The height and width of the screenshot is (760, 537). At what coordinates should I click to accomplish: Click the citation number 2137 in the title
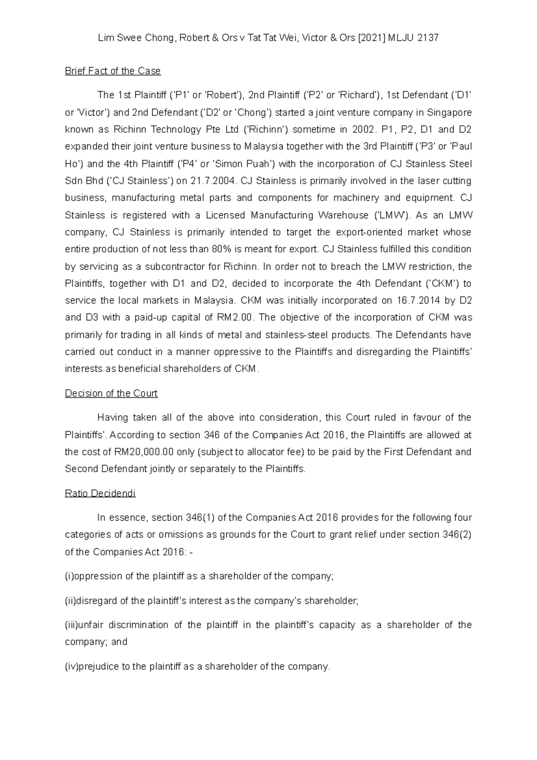427,38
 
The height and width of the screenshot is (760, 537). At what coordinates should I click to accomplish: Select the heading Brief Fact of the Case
113,71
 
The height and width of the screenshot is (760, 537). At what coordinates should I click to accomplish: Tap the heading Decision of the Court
111,393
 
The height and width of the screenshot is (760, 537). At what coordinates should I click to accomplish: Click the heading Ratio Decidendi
100,493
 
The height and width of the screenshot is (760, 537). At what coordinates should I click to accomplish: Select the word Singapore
449,112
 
